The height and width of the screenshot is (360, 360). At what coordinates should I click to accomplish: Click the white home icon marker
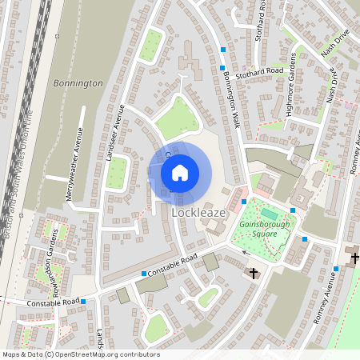(x=180, y=173)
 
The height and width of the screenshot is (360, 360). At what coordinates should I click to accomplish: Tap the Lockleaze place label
(x=201, y=215)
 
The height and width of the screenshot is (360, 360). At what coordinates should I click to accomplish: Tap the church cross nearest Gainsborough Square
(x=254, y=274)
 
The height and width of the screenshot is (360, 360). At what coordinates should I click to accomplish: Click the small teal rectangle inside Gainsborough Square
(x=269, y=214)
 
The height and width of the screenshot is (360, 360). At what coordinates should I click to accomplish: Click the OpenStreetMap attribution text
(x=80, y=354)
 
